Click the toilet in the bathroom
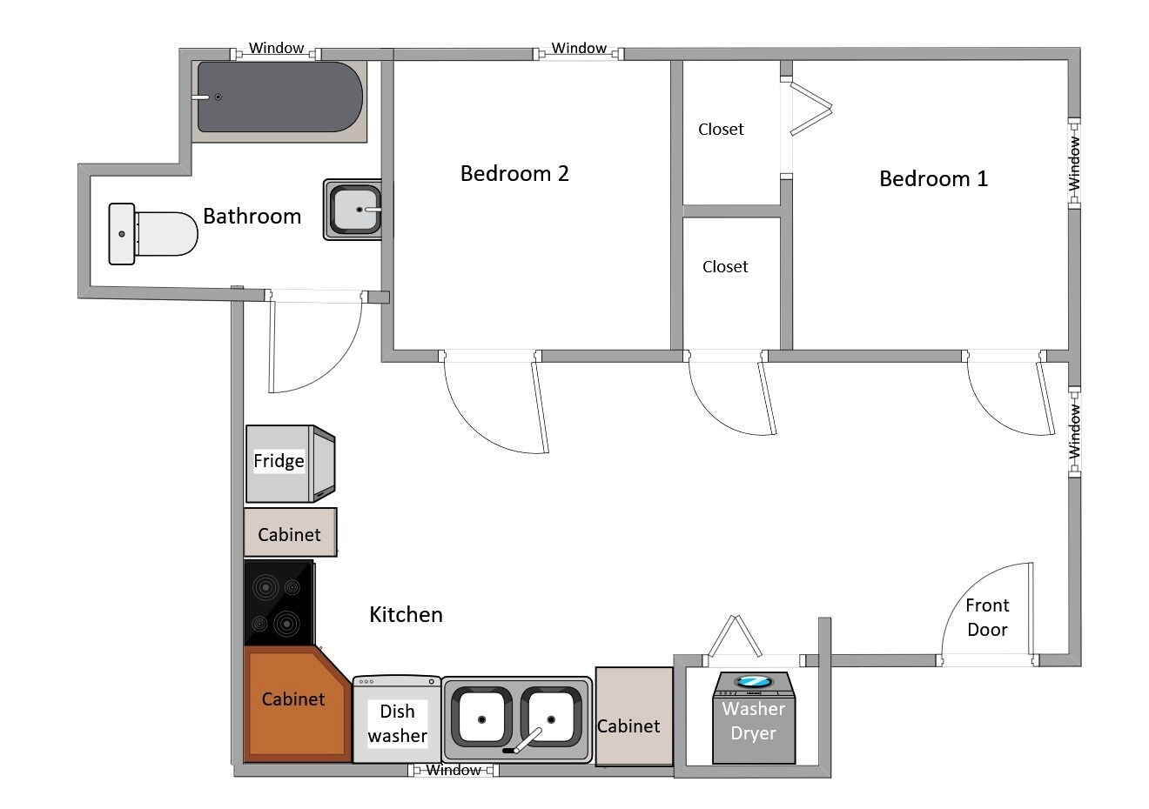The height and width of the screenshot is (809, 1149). pyautogui.click(x=153, y=234)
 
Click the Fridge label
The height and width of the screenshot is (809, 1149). pyautogui.click(x=279, y=460)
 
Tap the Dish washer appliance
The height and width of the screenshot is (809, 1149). pyautogui.click(x=397, y=719)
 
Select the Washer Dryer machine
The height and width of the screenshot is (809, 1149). pyautogui.click(x=754, y=718)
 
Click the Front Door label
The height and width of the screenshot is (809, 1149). pyautogui.click(x=987, y=618)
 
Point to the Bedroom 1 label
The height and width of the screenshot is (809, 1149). pyautogui.click(x=933, y=178)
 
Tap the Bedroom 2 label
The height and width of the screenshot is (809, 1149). pyautogui.click(x=514, y=173)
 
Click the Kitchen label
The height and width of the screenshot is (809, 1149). pyautogui.click(x=406, y=614)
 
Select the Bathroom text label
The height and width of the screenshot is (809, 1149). pyautogui.click(x=252, y=216)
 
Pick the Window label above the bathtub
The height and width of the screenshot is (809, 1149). pyautogui.click(x=277, y=48)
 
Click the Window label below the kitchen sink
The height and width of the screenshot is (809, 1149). pyautogui.click(x=454, y=770)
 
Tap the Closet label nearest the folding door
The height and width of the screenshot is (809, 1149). pyautogui.click(x=721, y=129)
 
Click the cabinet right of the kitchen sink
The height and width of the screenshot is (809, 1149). pyautogui.click(x=634, y=716)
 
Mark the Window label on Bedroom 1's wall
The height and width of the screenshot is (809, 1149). pyautogui.click(x=1074, y=163)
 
